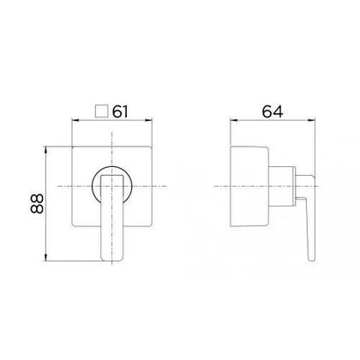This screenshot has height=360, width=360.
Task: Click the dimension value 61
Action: point(120,111)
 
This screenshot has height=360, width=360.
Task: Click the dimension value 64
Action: point(273,111)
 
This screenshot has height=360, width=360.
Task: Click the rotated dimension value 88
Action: point(37,204)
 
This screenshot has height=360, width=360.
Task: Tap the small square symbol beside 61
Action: point(101,111)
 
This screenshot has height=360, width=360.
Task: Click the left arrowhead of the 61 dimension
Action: point(75,120)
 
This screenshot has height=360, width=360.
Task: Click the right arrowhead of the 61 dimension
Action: point(149,120)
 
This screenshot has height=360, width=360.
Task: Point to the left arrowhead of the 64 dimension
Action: point(234,120)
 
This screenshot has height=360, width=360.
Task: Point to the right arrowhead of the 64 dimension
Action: point(311,120)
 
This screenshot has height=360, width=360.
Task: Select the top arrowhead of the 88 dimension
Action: point(45,150)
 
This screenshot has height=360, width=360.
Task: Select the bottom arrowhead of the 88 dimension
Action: point(45,257)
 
